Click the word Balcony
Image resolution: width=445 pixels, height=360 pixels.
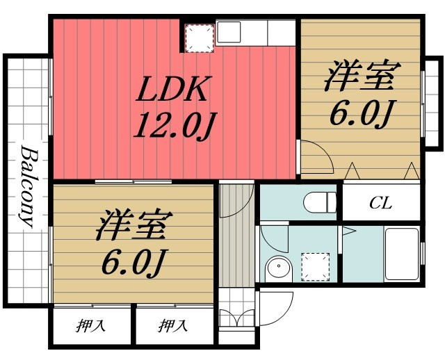29,186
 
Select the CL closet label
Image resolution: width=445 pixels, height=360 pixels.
380,203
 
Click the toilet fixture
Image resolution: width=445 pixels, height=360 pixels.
320,202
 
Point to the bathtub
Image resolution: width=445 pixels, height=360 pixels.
402,254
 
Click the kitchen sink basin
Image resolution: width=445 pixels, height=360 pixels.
229,33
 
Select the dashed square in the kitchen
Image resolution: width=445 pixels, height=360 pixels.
200,38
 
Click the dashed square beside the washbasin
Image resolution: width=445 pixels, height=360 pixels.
315,267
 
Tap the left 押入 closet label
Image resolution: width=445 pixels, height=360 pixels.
90,326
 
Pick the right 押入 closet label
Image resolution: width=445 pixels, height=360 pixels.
173,326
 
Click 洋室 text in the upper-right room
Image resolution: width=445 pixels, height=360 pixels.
362,76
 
